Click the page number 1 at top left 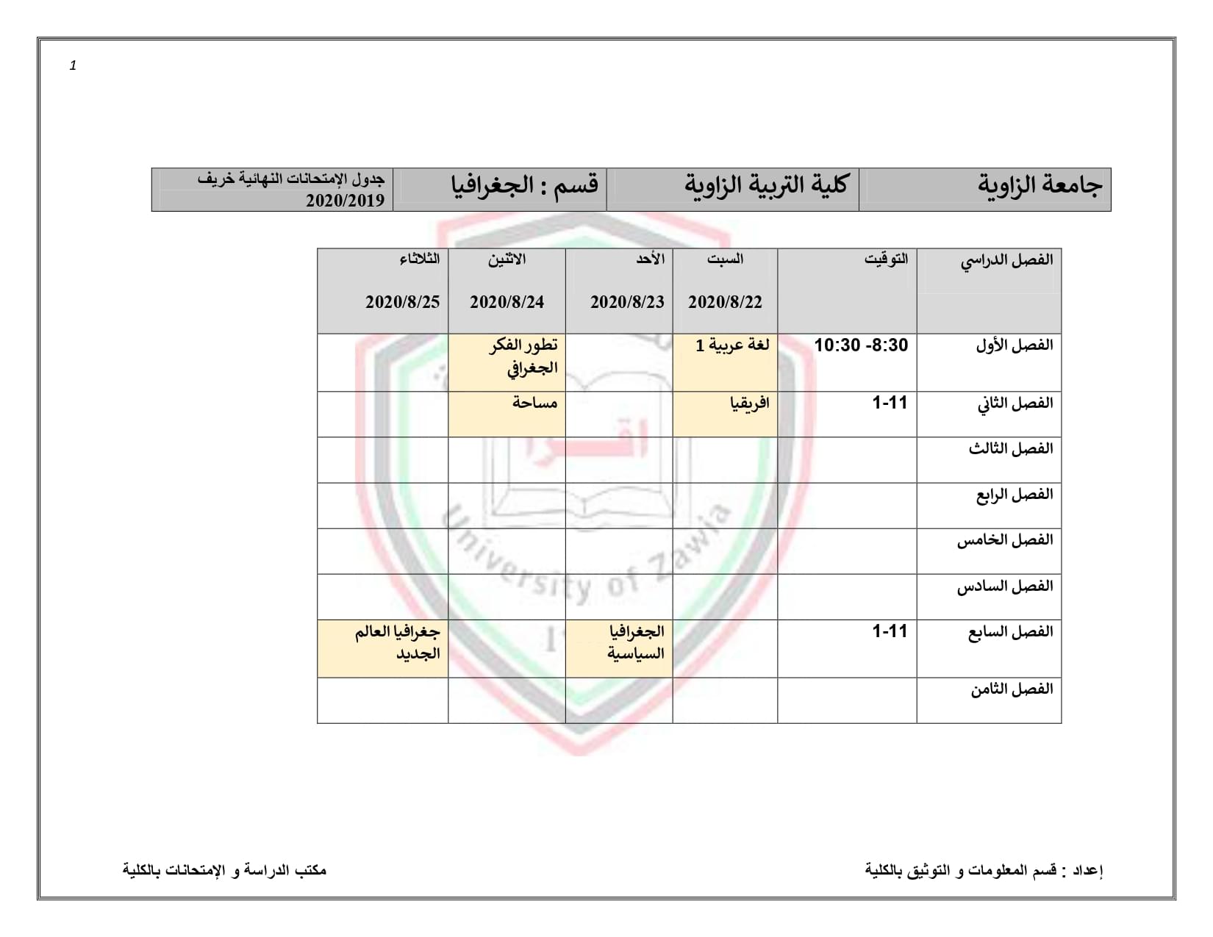point(73,66)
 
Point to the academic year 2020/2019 point(345,201)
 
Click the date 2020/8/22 point(725,302)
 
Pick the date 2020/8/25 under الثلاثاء point(402,302)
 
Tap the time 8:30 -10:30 point(861,345)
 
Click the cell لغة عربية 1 point(732,345)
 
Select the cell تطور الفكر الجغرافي point(523,356)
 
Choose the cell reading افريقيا point(748,403)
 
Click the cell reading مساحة point(534,403)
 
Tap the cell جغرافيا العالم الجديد point(397,642)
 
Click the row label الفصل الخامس point(1004,541)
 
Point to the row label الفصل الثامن point(1011,690)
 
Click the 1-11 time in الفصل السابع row point(890,631)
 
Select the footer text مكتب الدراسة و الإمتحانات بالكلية point(224,871)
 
